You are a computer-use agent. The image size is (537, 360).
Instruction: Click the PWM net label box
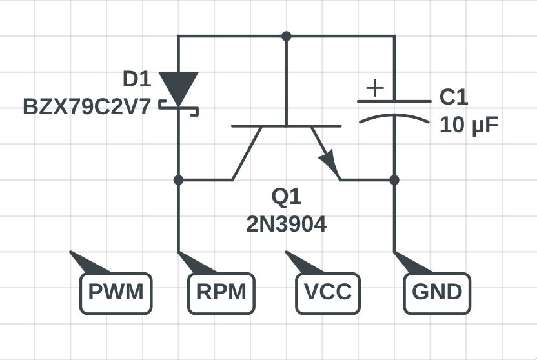(x=116, y=293)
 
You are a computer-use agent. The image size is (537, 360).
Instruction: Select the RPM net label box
(x=222, y=293)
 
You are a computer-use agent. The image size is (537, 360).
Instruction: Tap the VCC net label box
(x=328, y=293)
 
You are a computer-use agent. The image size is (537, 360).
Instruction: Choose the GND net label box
(x=437, y=293)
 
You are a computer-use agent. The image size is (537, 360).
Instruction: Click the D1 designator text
(x=137, y=79)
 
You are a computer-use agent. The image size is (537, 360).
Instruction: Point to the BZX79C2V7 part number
(x=86, y=106)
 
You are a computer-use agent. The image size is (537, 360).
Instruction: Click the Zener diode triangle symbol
(x=178, y=85)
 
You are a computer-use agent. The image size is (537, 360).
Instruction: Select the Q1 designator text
(x=286, y=197)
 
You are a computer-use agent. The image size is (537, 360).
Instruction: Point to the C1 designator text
(x=454, y=97)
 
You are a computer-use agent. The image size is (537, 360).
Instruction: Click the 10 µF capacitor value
(x=469, y=125)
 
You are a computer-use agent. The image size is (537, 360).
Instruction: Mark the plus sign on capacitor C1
(x=375, y=88)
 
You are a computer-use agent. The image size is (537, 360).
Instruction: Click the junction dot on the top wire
(x=286, y=35)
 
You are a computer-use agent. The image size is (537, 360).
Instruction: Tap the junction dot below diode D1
(x=178, y=179)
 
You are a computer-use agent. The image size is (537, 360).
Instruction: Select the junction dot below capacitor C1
(x=394, y=179)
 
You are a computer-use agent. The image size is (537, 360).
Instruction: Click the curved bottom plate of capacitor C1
(x=394, y=117)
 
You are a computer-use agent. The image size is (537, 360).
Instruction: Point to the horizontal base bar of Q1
(x=286, y=126)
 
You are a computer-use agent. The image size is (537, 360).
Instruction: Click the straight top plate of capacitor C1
(x=394, y=101)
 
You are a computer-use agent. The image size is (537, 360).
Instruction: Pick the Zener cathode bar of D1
(x=178, y=103)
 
